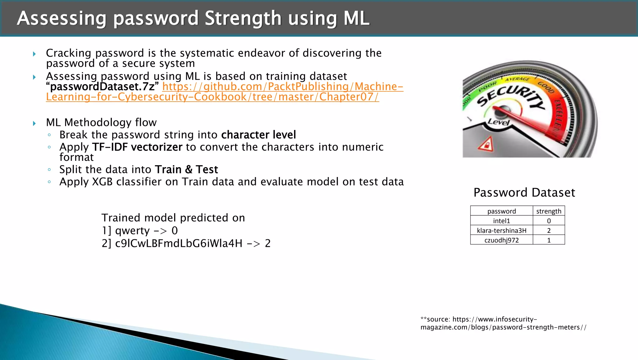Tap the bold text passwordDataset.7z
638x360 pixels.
103,87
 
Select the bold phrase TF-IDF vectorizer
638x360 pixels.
137,147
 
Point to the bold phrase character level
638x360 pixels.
259,135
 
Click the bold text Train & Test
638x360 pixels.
186,170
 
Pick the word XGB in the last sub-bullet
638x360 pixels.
102,182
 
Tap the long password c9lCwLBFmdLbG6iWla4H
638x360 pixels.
179,243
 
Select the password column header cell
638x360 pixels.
502,211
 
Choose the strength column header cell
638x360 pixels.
549,211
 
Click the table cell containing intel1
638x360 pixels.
502,221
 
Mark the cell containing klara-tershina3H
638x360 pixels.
502,230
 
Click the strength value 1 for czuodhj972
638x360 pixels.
549,240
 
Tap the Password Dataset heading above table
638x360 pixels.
524,193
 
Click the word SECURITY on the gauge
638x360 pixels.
511,97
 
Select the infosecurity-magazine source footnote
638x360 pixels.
503,323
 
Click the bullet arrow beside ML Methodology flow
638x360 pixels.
34,123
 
